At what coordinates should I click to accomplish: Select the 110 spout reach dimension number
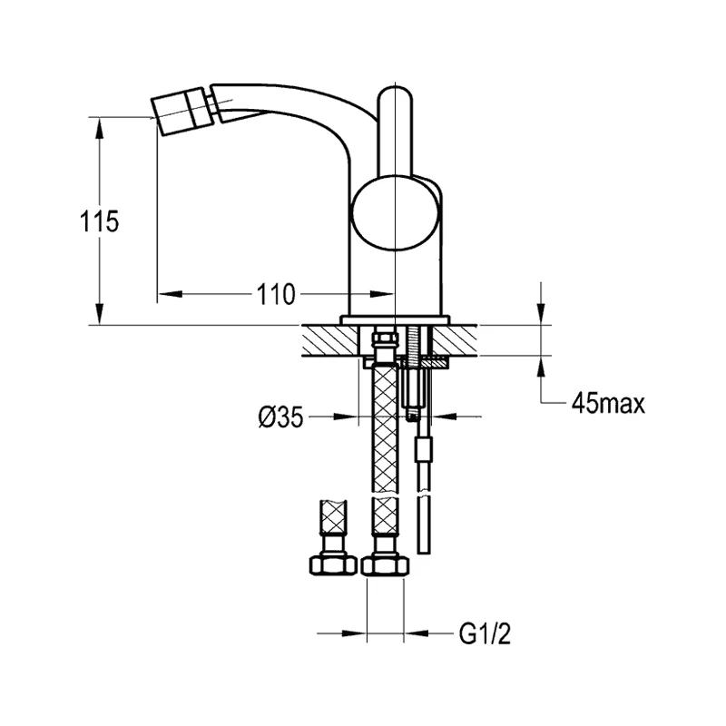click(274, 294)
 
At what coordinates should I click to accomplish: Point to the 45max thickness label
click(608, 404)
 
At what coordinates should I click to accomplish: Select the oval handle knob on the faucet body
click(397, 213)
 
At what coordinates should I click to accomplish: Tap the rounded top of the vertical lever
click(397, 98)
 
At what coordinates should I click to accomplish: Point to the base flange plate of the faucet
click(396, 319)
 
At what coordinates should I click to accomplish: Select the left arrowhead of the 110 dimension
click(169, 294)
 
